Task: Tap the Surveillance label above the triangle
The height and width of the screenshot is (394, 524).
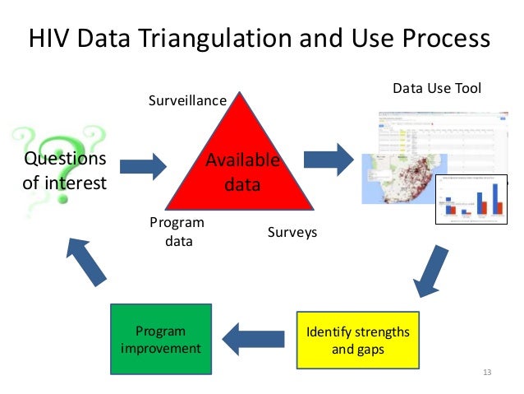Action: coord(186,100)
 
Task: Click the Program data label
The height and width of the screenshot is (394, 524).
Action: coord(177,232)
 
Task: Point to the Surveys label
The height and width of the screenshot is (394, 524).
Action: coord(292,233)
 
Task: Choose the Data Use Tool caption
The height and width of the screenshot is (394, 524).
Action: coord(436,88)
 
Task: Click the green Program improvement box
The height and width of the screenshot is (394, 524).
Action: coord(160,340)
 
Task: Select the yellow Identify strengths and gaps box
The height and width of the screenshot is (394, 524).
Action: coord(356,341)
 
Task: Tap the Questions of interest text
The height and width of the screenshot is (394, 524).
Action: coord(64,170)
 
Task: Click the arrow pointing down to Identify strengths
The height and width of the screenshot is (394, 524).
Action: coord(432,269)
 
